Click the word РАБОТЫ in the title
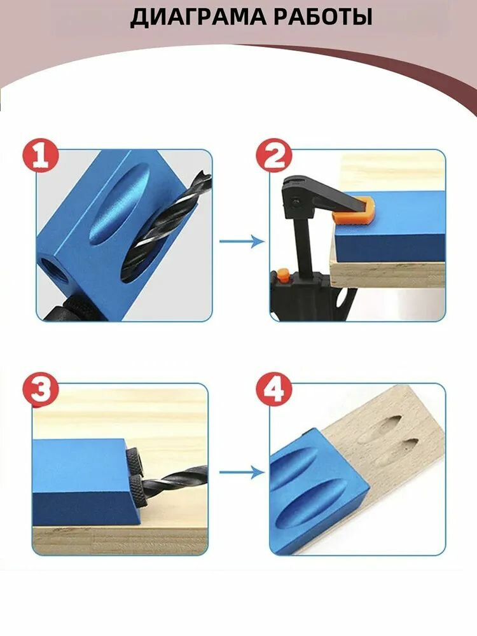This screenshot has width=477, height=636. click(x=314, y=17)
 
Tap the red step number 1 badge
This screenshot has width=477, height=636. click(x=41, y=155)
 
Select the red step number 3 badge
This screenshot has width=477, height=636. click(x=41, y=390)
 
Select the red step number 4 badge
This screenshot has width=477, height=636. click(x=274, y=390)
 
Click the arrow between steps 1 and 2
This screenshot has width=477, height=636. click(x=242, y=241)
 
